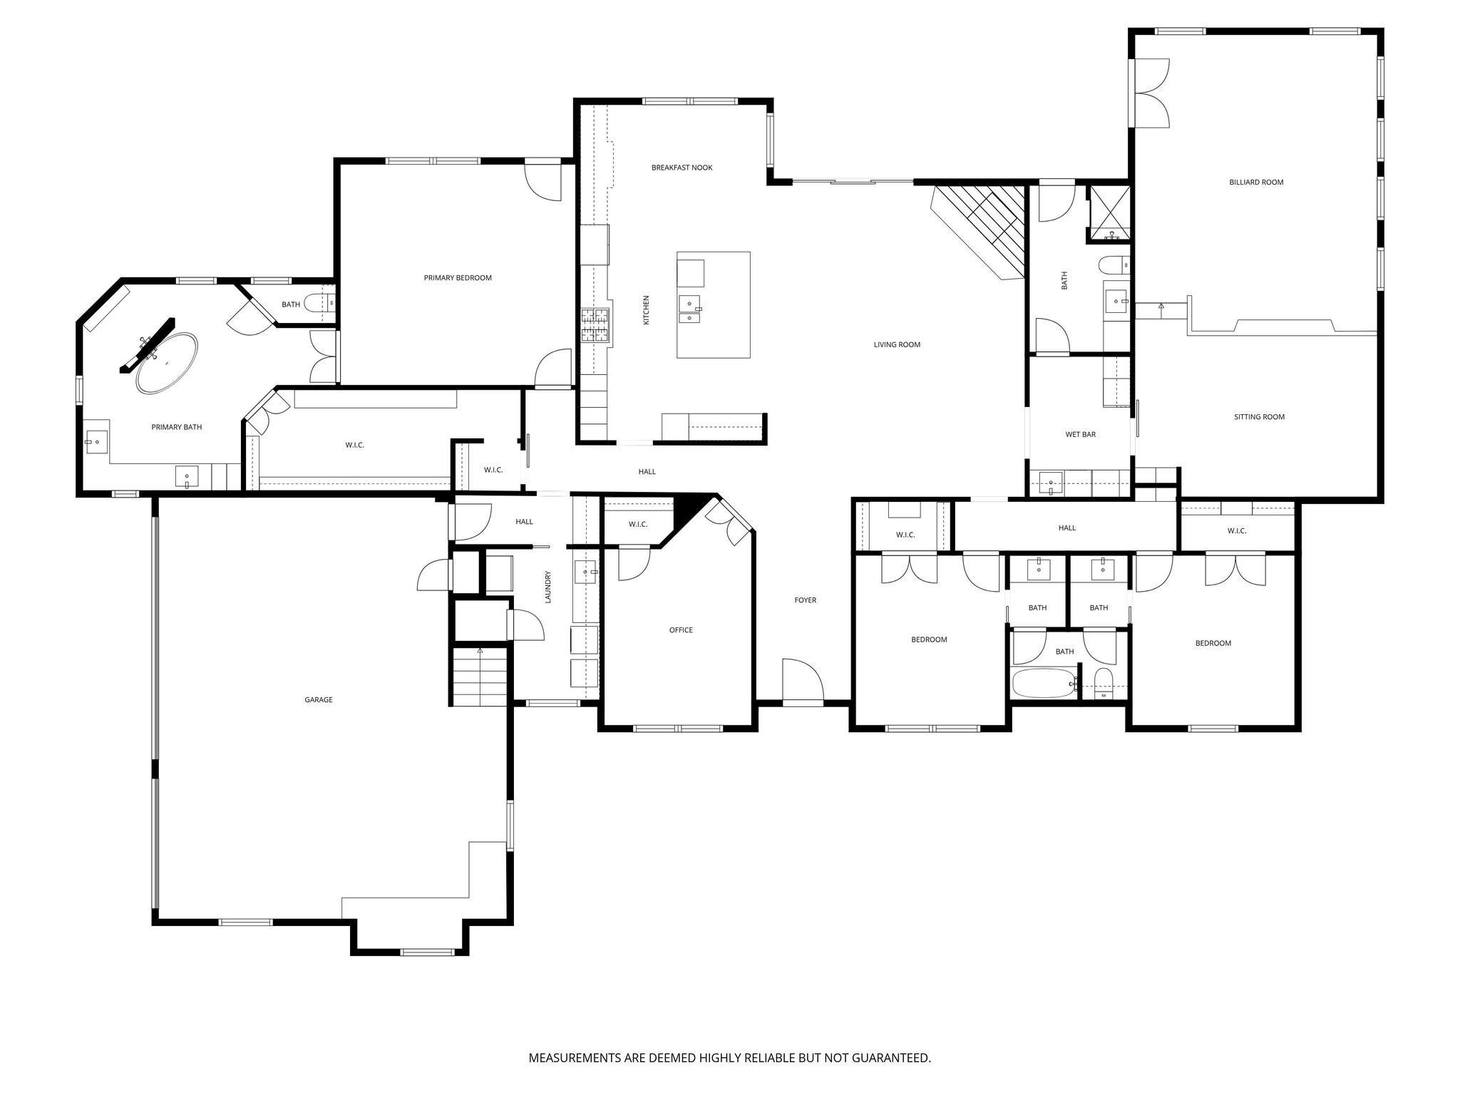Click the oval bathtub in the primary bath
point(167,363)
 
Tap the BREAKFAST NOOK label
point(682,168)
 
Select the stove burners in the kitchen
point(595,325)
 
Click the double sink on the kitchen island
point(689,311)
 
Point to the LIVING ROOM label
point(897,344)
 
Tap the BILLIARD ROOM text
point(1256,182)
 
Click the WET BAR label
point(1080,434)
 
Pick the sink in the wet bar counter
point(1051,483)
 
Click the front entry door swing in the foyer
point(801,681)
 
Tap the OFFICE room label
point(681,630)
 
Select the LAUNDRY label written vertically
point(548,587)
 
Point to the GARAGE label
point(319,700)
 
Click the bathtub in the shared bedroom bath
point(1043,683)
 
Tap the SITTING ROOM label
point(1259,417)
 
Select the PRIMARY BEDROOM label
point(458,278)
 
